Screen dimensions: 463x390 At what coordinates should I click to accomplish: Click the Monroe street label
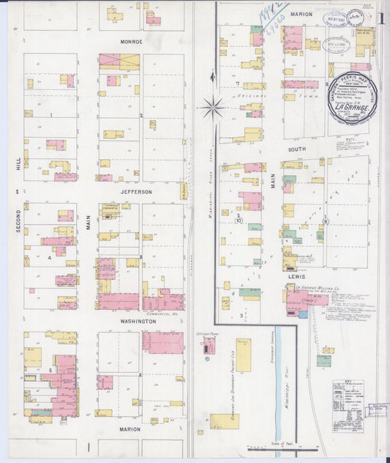click(132, 42)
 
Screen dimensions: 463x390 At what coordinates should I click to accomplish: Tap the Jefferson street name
click(136, 191)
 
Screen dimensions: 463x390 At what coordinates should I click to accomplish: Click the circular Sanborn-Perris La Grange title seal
click(352, 97)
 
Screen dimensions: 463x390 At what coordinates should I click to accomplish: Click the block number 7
click(238, 84)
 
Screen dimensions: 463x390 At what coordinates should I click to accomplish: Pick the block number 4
click(50, 258)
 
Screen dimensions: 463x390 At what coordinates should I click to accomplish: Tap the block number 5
click(50, 370)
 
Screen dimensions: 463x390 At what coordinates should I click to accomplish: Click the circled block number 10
click(239, 220)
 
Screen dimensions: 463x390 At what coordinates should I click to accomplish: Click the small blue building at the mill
click(303, 314)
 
